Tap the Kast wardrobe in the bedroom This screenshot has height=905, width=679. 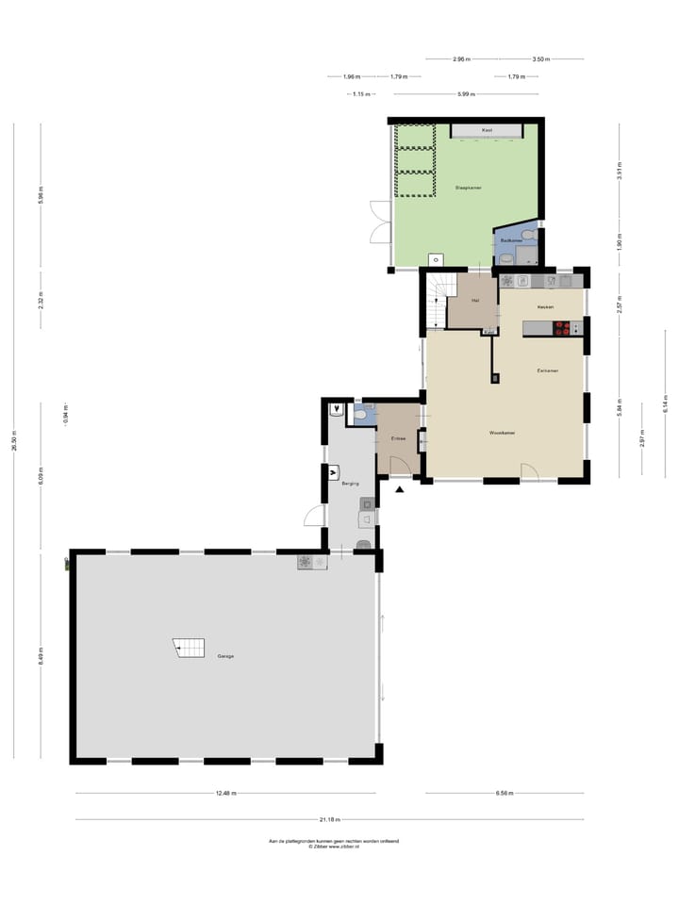point(487,130)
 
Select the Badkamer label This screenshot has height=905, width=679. point(512,240)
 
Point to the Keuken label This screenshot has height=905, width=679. point(545,307)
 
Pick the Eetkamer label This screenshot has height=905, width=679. point(548,370)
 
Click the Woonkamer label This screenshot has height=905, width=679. point(502,433)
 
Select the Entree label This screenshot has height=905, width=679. point(399,438)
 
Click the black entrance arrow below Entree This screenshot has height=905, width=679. point(400,489)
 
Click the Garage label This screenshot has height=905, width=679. point(225,656)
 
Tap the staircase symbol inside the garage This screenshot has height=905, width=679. point(190,648)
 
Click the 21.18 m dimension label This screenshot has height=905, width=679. point(329,819)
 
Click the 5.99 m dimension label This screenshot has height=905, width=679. point(466,94)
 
